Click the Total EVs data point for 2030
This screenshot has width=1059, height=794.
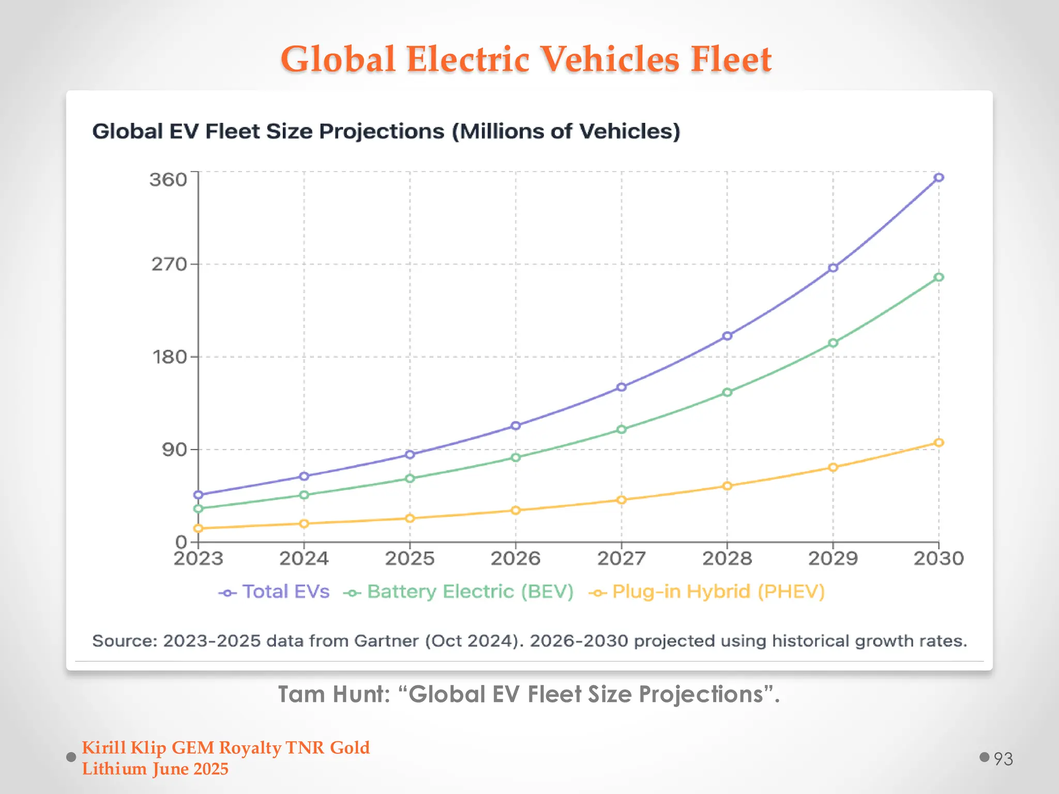click(939, 177)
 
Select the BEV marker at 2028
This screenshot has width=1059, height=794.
click(727, 392)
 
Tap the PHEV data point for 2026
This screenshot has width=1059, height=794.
click(516, 510)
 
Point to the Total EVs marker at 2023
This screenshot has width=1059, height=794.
click(198, 495)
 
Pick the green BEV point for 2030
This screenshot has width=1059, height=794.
click(939, 277)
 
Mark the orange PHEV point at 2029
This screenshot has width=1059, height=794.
click(833, 467)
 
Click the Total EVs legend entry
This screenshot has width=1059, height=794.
click(285, 592)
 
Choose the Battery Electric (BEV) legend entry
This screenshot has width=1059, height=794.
click(470, 592)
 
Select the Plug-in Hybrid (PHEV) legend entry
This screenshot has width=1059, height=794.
click(718, 592)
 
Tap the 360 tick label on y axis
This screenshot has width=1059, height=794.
click(168, 180)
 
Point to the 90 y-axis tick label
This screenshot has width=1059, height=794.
click(174, 450)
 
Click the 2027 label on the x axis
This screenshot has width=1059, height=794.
click(621, 559)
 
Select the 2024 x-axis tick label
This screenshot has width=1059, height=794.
click(304, 559)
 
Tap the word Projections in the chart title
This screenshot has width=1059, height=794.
click(381, 131)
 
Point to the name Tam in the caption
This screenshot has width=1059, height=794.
click(296, 694)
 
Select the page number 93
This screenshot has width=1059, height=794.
click(1003, 759)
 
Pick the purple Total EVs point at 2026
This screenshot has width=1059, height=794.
click(516, 425)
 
